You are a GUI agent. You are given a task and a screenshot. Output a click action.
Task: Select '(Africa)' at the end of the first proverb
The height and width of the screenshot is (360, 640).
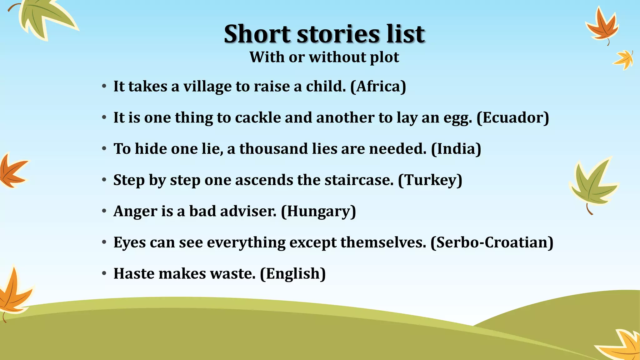tap(378, 86)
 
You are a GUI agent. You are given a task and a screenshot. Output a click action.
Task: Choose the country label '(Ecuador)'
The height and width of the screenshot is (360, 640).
tap(512, 117)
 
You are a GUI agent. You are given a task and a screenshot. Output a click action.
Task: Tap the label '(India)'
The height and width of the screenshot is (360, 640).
tap(456, 149)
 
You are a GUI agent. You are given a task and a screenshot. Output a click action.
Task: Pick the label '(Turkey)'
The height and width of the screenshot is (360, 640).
tap(430, 180)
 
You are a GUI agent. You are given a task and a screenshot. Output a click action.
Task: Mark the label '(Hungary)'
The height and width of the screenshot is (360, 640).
tap(318, 211)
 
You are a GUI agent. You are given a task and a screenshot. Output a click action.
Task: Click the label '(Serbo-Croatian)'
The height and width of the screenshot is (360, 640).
tap(492, 242)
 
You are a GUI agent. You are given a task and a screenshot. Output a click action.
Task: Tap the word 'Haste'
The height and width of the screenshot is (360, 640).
tap(134, 274)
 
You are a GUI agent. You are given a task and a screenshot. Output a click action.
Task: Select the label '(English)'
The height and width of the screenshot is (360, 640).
tap(293, 274)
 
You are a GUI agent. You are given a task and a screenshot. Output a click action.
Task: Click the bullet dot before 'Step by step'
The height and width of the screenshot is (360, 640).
tap(104, 180)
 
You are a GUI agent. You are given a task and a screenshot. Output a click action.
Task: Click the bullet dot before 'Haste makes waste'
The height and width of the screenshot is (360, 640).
tap(104, 274)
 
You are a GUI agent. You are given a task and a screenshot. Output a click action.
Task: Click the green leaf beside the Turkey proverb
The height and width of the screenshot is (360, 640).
tap(592, 186)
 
